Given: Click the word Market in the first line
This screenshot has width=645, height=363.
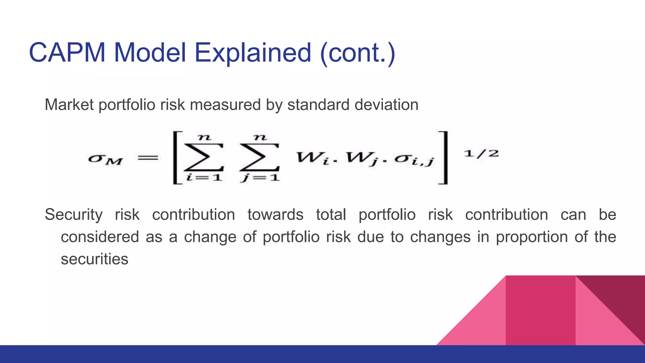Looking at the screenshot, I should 69,105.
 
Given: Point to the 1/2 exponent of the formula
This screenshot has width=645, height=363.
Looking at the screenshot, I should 481,154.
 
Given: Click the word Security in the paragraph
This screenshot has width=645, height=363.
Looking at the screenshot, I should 73,215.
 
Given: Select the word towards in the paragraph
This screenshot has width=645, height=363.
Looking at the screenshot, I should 275,215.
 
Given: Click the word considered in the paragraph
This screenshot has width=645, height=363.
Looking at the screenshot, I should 100,237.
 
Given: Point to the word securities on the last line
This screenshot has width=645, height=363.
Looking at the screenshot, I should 94,259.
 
